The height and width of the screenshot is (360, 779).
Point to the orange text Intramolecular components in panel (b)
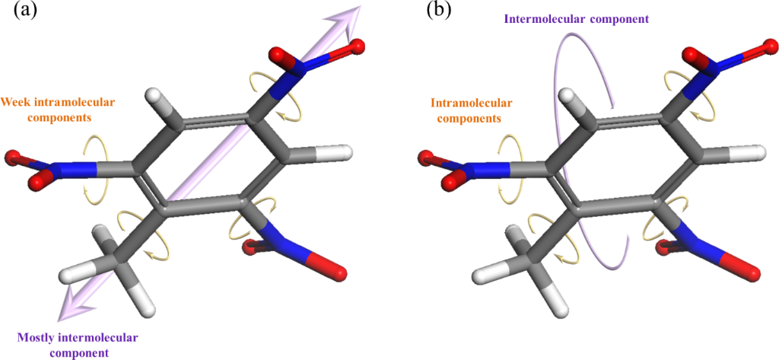(471, 111)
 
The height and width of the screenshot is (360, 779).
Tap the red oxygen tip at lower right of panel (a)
(335, 272)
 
